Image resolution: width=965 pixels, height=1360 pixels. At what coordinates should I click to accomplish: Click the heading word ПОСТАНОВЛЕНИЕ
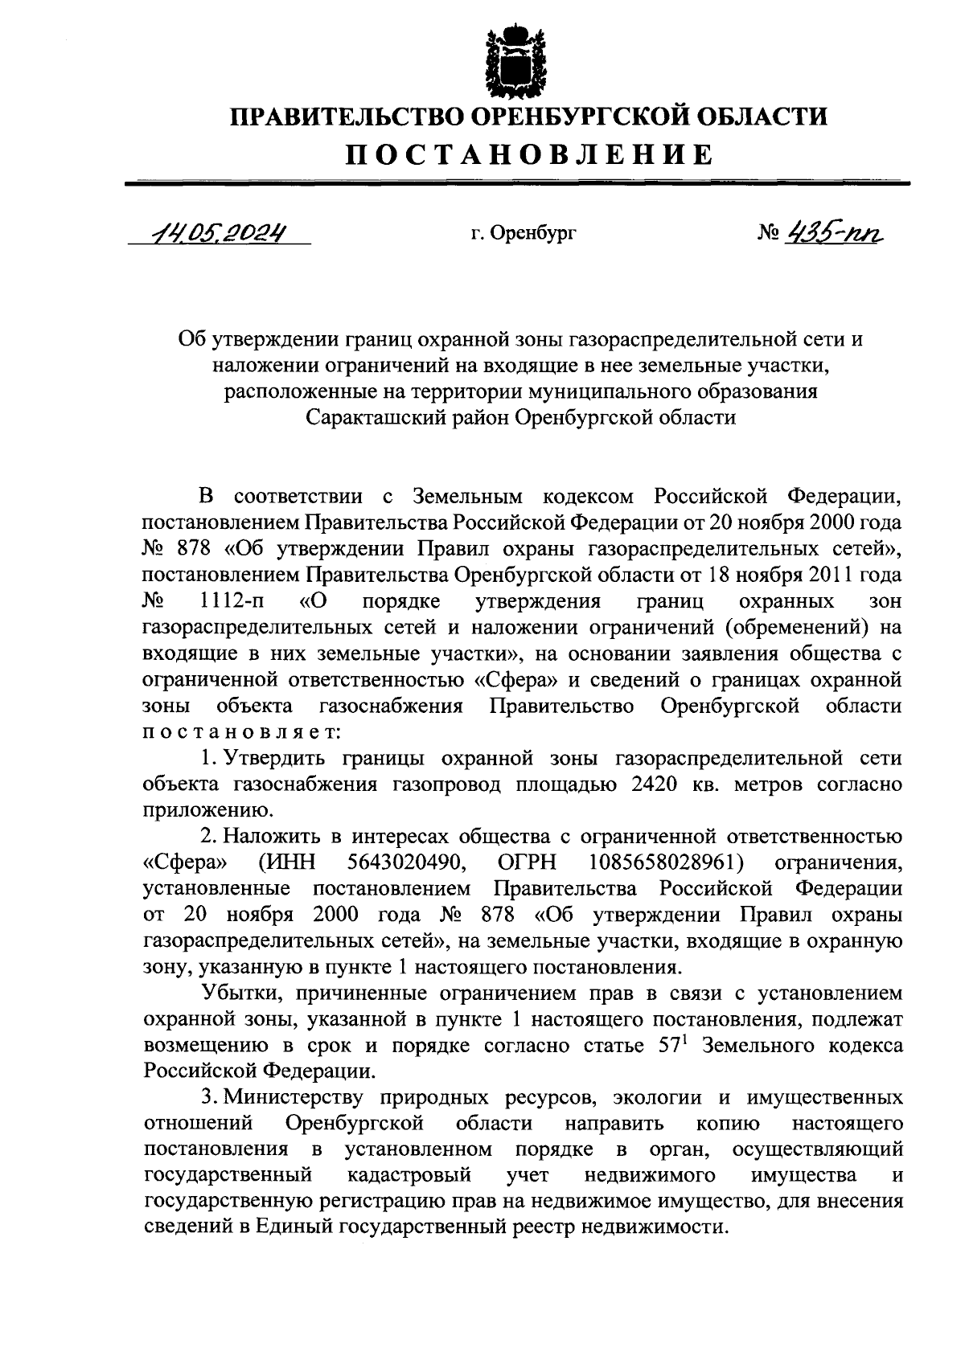coord(529,154)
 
